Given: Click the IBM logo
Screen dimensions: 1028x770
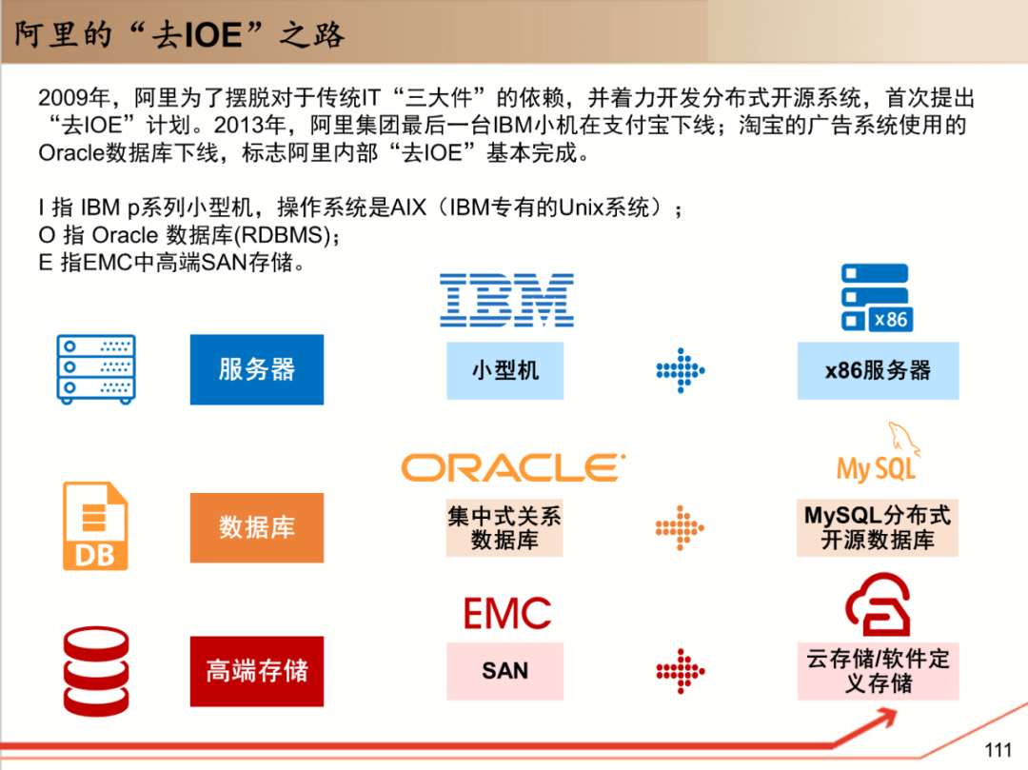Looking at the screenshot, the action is (x=506, y=300).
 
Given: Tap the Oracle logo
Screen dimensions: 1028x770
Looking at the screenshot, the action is (x=513, y=467).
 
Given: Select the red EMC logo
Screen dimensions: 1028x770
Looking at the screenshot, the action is (x=506, y=614).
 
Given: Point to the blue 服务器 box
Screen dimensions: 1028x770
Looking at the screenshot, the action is (x=257, y=369).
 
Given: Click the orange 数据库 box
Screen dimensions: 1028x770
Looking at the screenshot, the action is (x=257, y=526).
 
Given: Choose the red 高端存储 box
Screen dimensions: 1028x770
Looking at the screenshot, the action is (x=257, y=670).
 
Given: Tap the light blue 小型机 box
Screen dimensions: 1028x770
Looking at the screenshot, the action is (x=504, y=370).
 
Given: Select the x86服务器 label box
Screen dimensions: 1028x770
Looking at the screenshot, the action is (x=878, y=370).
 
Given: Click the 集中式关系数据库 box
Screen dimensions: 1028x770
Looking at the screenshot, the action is (x=504, y=528).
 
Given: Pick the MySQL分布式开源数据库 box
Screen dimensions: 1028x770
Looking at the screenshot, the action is (x=877, y=528).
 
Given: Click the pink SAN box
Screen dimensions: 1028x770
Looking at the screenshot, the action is (x=504, y=670).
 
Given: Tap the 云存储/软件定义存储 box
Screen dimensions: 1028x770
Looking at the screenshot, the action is (x=878, y=670).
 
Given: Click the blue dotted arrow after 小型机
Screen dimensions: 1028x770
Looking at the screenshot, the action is (x=680, y=370).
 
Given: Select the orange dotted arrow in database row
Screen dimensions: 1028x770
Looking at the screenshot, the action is (x=680, y=528).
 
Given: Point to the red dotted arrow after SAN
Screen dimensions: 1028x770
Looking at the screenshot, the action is (x=680, y=671).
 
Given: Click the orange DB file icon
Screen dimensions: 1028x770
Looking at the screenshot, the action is (x=94, y=525).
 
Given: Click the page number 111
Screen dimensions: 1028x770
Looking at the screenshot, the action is (x=998, y=750).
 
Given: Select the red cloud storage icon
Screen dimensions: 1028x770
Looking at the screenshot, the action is (x=878, y=607).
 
